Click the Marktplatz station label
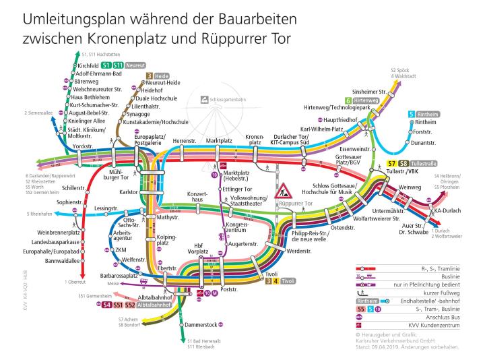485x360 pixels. [x=219, y=140]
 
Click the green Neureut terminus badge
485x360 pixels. [x=137, y=64]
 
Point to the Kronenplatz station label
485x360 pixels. [x=255, y=140]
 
